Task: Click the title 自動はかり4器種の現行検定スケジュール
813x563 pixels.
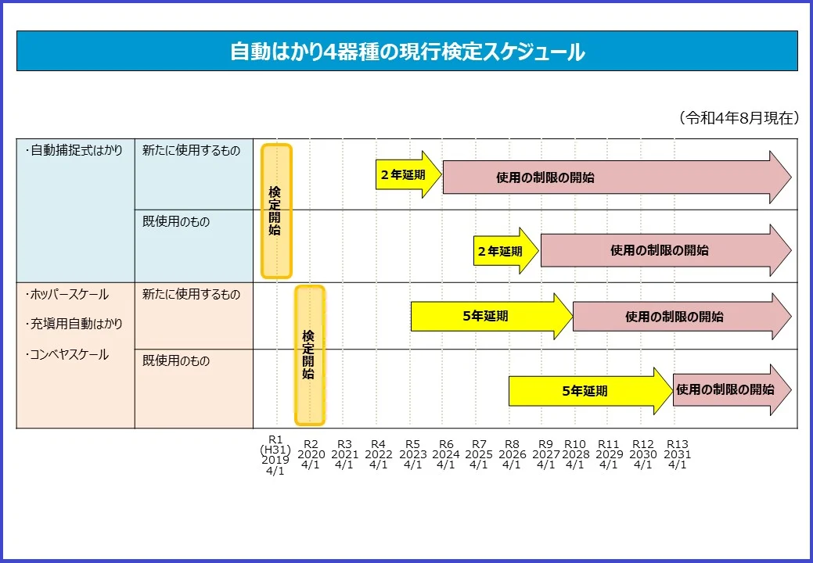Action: tap(407, 52)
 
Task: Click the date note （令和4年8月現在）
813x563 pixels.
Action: tap(738, 118)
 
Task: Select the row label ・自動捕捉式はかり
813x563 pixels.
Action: tap(74, 151)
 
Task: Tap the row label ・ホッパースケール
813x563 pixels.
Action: tap(67, 295)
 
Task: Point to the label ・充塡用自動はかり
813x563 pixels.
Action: tap(74, 324)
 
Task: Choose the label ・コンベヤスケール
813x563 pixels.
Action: tap(67, 354)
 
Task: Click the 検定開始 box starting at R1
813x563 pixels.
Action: tap(275, 211)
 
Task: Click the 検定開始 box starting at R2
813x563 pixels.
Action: tap(309, 355)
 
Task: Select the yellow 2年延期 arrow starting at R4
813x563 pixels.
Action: tap(407, 174)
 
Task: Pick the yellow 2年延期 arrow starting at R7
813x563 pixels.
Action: tap(505, 251)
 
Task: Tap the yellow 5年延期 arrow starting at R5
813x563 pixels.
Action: tap(489, 316)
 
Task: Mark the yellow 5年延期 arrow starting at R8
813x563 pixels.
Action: tap(588, 391)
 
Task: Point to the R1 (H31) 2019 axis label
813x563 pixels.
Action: tap(275, 454)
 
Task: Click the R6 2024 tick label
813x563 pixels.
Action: tap(445, 454)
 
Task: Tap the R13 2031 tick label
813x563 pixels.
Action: tap(677, 454)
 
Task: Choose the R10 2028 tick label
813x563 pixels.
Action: tap(575, 454)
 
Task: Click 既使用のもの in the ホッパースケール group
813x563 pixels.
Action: tap(176, 361)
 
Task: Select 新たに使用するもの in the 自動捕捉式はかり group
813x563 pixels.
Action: tap(191, 151)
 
